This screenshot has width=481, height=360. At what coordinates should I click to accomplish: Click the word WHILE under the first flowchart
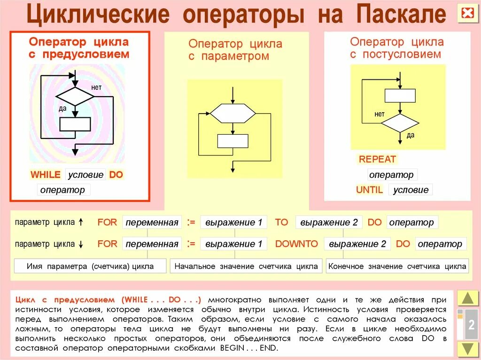coord(46,175)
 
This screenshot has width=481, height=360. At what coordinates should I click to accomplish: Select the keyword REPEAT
coord(377,159)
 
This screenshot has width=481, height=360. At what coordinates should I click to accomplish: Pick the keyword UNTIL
coord(370,190)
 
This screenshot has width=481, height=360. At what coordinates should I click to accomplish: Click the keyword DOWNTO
coord(296,244)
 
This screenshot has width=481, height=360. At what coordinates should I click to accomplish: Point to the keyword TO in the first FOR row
coord(281,222)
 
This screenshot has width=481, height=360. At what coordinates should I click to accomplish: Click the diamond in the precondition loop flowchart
coord(75,96)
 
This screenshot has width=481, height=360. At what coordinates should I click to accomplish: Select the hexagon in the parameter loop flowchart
coord(233,113)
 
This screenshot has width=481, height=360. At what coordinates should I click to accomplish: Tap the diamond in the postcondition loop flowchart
coord(399,123)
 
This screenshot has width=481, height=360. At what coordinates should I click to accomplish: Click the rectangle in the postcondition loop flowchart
coord(400,95)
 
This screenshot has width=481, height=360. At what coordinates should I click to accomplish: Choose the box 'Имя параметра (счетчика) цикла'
coord(90,266)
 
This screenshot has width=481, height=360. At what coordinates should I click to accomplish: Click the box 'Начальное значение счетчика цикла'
coord(246,266)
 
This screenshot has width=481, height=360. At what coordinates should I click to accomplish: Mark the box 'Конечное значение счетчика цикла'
coord(397,266)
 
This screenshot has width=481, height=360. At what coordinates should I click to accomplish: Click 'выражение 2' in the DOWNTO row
coord(357,244)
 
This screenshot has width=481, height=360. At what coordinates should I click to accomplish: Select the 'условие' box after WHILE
coord(85,175)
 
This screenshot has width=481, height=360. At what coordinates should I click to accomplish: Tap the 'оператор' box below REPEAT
coord(392,175)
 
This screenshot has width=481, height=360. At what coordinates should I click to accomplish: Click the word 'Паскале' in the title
coord(401,15)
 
